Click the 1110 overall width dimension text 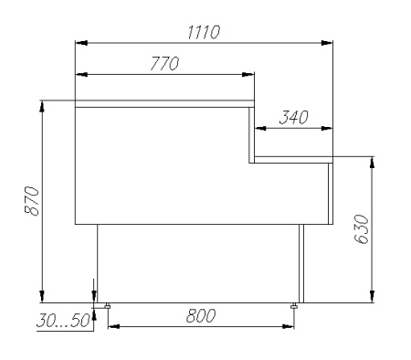pyautogui.click(x=204, y=33)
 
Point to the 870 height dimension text pyautogui.click(x=30, y=200)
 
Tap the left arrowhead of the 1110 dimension pyautogui.click(x=81, y=42)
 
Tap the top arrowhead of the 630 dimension pyautogui.click(x=372, y=163)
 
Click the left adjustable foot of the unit pyautogui.click(x=107, y=305)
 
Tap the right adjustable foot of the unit pyautogui.click(x=294, y=305)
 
